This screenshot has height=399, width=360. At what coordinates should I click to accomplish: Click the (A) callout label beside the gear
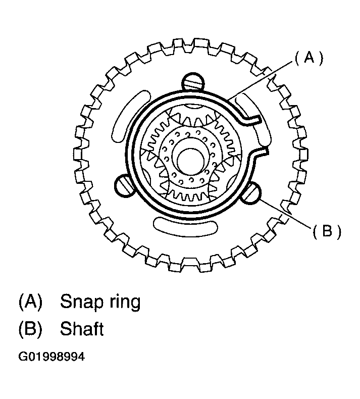pos(309,58)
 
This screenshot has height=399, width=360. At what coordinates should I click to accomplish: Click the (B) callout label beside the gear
pos(327,231)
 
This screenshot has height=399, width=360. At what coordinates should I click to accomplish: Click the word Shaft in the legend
pos(82,328)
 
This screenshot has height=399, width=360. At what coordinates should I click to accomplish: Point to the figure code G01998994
pos(52,357)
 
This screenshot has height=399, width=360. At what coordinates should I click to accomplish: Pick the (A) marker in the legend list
pos(30,302)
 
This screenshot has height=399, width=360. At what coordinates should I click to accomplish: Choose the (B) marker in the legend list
pos(30,328)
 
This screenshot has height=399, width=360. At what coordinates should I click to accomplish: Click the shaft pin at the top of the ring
pos(193,82)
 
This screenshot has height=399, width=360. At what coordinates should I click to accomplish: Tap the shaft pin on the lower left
pos(124,185)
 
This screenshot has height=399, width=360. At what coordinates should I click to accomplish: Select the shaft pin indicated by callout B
pos(252,193)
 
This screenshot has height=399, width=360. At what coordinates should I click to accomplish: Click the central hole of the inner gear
pos(190,162)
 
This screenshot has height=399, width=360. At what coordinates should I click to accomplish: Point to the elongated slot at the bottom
pos(185,226)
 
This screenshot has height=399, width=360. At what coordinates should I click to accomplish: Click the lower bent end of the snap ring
pos(260,153)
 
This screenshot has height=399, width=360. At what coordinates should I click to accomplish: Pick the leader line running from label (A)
pos(260,80)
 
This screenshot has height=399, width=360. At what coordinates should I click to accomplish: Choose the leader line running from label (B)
pos(285,214)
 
